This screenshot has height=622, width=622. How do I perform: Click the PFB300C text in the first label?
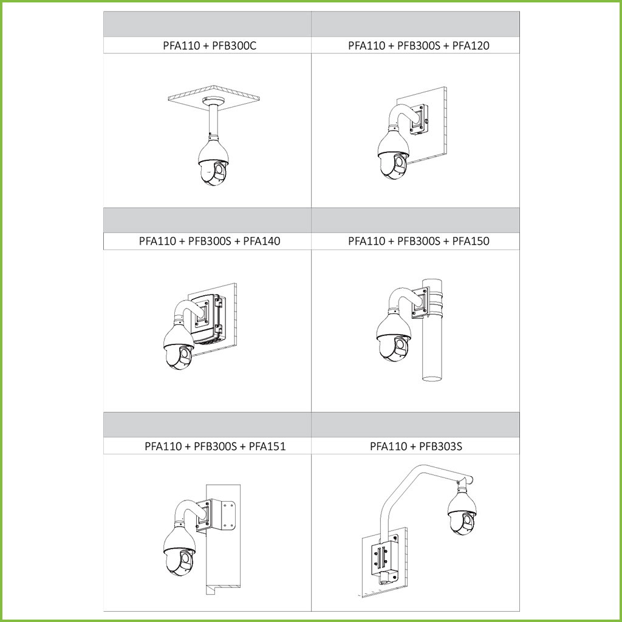pos(234,46)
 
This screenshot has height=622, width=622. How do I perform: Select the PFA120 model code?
pos(471,46)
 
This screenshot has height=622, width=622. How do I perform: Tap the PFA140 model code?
pos(261,241)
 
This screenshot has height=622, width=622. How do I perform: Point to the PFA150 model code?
pos(471,241)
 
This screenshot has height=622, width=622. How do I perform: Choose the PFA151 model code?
pos(267,446)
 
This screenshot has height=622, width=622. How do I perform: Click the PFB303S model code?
pos(440,446)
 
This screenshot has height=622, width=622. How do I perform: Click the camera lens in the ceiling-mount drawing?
pos(219,170)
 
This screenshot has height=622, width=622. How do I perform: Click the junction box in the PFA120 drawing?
pos(419,119)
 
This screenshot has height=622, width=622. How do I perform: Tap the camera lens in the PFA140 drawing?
pos(185,354)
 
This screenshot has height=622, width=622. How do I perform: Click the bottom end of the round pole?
pos(432,378)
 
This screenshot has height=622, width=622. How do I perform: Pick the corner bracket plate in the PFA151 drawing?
pos(222,515)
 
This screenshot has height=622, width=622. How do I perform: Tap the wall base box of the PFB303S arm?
pos(384,558)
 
